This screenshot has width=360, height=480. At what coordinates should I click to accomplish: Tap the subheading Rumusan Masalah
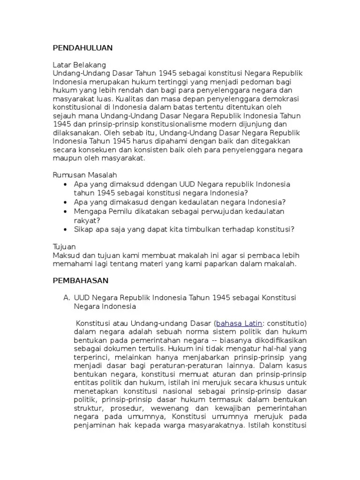pyautogui.click(x=84, y=174)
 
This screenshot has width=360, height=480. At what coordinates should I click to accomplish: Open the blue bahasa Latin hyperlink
pyautogui.click(x=238, y=323)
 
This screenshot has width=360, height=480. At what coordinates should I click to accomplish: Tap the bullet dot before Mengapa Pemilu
pyautogui.click(x=66, y=211)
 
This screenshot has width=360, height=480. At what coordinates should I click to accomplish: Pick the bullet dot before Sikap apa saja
pyautogui.click(x=66, y=229)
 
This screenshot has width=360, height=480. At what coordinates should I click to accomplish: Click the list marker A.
pyautogui.click(x=66, y=298)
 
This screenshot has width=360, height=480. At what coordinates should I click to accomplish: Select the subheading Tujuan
pyautogui.click(x=64, y=247)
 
